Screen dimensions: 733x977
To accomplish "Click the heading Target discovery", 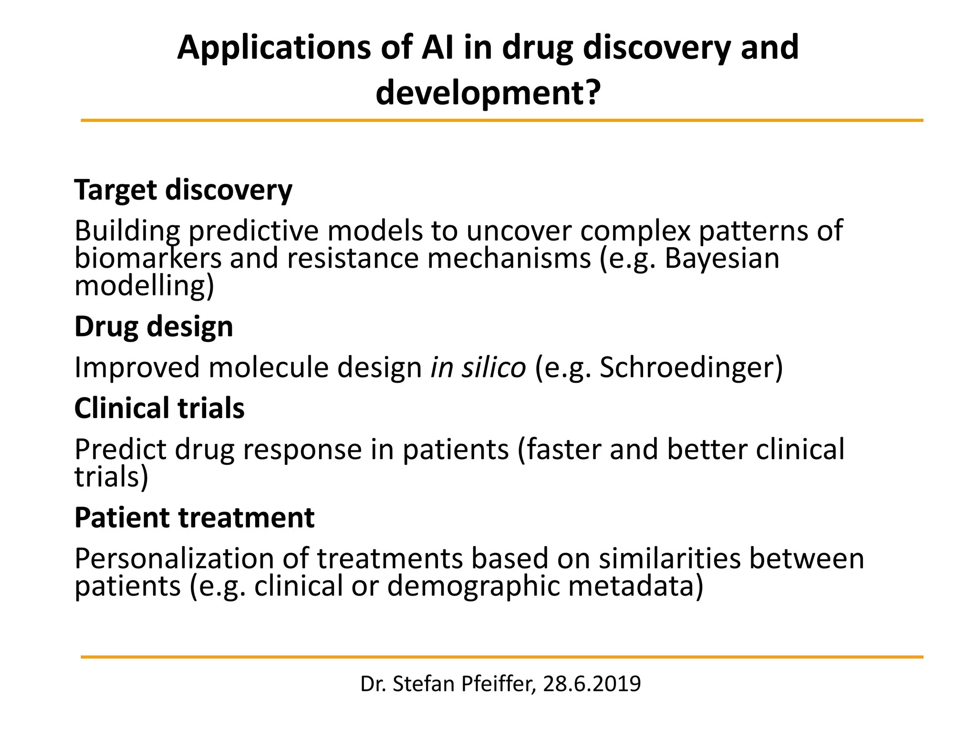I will pos(183,190).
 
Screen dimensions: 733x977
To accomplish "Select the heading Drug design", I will pos(154,327).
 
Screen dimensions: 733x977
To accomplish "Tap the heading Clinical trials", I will pos(159,408).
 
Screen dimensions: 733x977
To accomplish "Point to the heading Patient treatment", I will pos(194,518).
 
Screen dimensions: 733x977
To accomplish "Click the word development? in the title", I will pos(488,93).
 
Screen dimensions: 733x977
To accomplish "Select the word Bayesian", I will pos(722,258).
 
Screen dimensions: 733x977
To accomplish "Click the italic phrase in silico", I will pos(478,368).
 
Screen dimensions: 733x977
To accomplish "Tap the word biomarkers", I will pos(148,258).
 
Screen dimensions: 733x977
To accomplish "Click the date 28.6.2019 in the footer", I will pos(592,684).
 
